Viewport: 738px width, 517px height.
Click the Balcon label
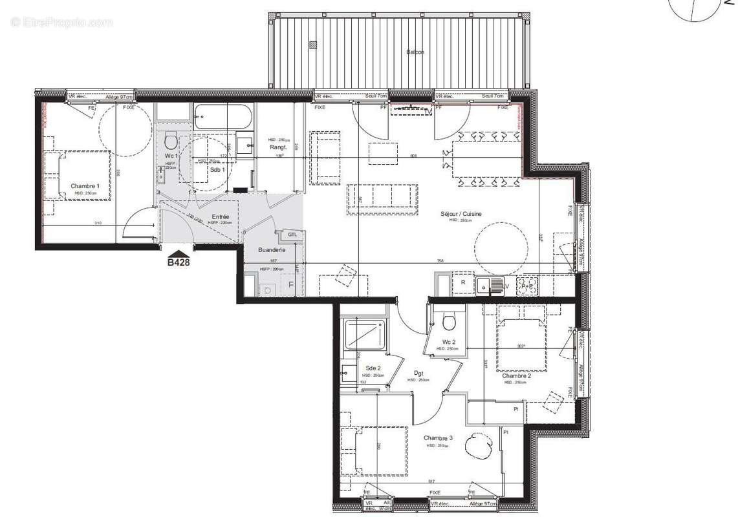(415, 52)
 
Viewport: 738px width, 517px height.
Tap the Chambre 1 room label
(85, 185)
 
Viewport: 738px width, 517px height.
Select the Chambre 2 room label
(517, 375)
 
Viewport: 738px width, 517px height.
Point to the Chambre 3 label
(439, 438)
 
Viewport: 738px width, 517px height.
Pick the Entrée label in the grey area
(221, 217)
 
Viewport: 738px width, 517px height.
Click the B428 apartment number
(179, 262)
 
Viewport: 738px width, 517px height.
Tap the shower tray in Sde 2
(365, 334)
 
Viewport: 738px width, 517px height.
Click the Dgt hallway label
(419, 373)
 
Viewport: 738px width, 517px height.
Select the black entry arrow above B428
(179, 253)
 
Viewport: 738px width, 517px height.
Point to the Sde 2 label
(374, 368)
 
